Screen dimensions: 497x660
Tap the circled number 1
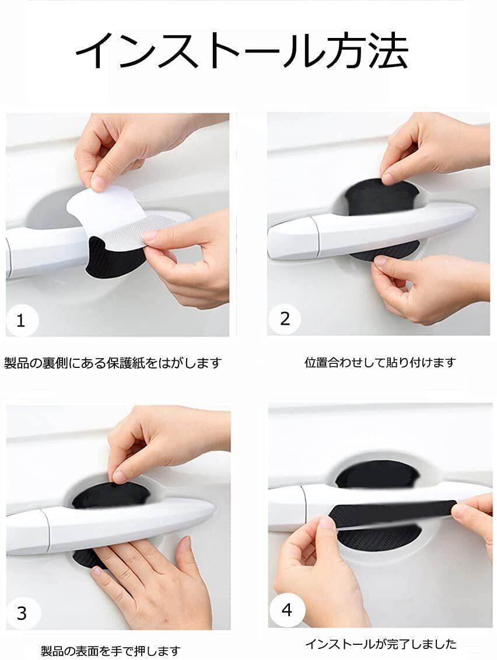click(22, 320)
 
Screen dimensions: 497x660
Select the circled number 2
click(285, 319)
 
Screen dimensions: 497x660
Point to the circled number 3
click(22, 613)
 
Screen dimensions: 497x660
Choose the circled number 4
click(287, 610)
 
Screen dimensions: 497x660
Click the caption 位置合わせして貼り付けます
click(380, 362)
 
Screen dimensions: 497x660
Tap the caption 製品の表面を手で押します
click(111, 651)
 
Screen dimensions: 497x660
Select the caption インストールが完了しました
click(380, 644)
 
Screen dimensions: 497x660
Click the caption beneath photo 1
click(113, 362)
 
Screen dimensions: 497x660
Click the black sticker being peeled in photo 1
click(111, 259)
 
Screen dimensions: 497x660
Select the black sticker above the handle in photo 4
click(377, 474)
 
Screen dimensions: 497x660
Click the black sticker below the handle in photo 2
click(385, 251)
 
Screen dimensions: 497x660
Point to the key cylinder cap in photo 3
click(28, 532)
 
